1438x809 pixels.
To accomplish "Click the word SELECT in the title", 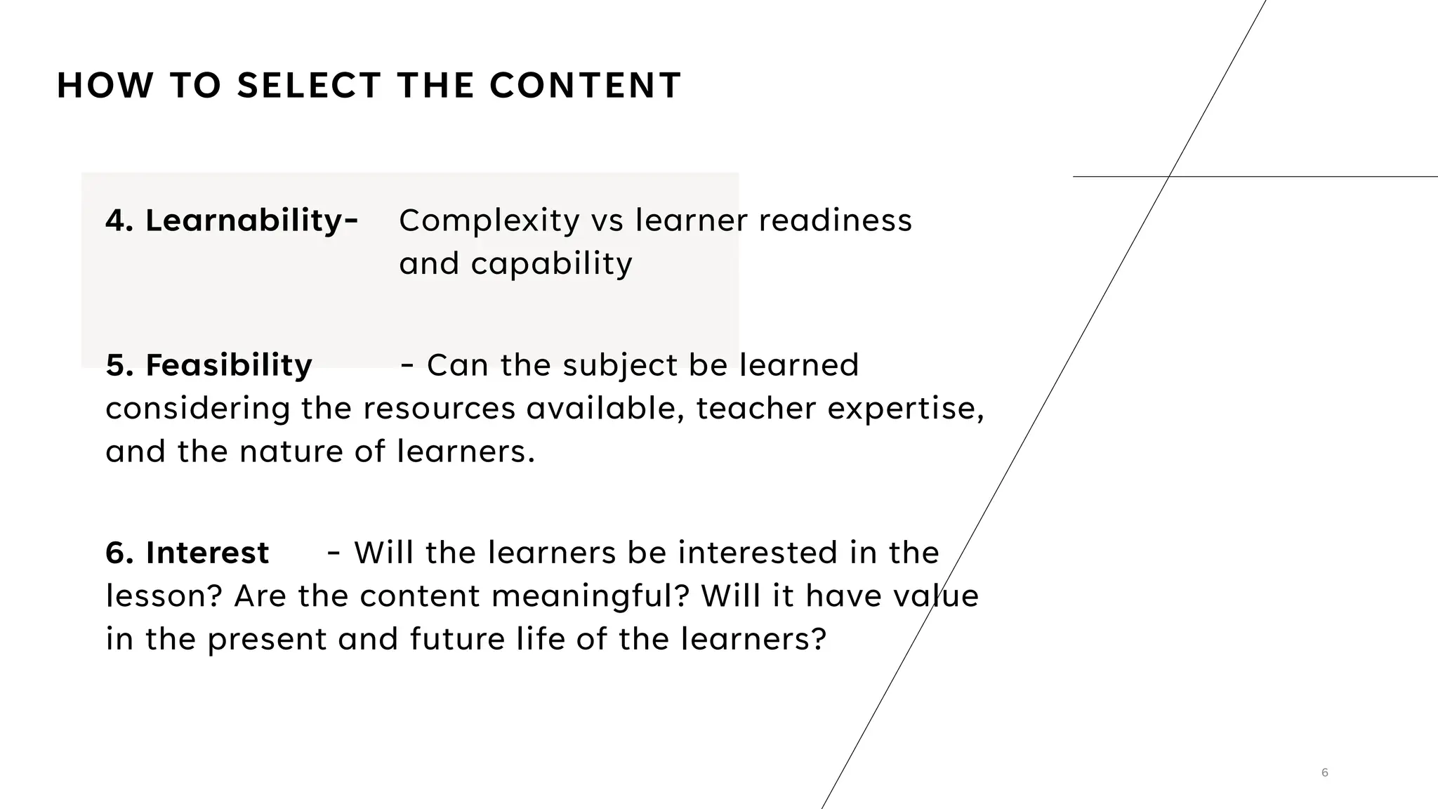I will [x=309, y=86].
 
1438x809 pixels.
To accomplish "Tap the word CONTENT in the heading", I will [x=585, y=86].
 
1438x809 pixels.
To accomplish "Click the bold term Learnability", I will [x=242, y=221].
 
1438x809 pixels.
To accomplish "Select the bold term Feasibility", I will [x=228, y=365].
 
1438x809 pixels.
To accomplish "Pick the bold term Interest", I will [x=207, y=553].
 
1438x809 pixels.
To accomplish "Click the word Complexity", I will [x=489, y=221].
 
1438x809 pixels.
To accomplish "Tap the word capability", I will [x=551, y=264].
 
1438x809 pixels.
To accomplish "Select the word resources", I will [x=440, y=409].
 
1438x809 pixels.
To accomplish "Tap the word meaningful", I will [x=591, y=596].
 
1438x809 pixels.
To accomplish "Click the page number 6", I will [x=1324, y=772].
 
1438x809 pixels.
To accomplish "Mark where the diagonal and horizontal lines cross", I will [x=1168, y=176].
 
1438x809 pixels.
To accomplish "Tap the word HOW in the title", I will [x=105, y=86].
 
